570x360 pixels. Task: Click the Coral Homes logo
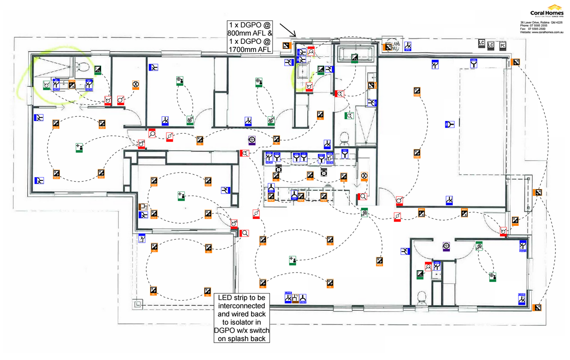[x=547, y=11]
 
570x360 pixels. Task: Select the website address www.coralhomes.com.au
[x=547, y=32]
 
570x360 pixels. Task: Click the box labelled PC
[x=503, y=45]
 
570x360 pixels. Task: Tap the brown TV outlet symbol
[x=296, y=297]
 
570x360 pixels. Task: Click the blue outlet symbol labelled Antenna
[x=303, y=298]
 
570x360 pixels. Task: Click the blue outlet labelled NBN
[x=473, y=63]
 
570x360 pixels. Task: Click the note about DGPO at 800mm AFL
[x=249, y=37]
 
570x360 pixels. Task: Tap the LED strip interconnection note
[x=242, y=318]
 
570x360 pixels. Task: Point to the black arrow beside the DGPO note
[x=287, y=30]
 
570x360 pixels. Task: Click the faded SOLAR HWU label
[x=392, y=45]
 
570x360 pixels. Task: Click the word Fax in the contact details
[x=523, y=29]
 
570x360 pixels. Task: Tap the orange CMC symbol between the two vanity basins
[x=72, y=85]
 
